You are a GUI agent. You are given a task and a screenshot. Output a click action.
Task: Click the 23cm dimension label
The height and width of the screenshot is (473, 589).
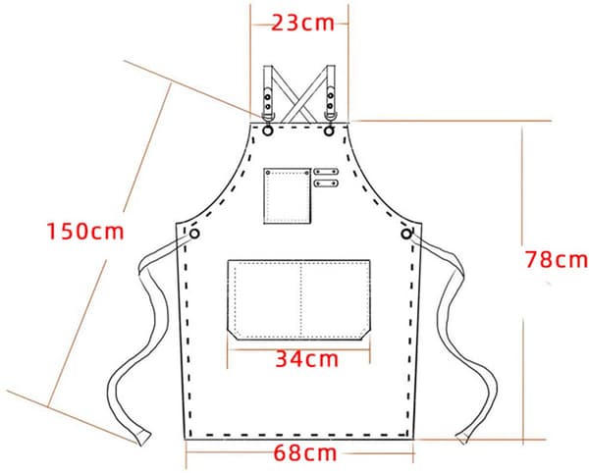[302, 24]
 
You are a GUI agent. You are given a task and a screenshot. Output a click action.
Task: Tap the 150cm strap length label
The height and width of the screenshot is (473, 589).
[85, 231]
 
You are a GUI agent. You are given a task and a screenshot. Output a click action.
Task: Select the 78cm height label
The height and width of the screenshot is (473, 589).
[557, 259]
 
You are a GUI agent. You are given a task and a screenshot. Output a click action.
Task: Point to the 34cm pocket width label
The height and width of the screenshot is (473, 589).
[307, 359]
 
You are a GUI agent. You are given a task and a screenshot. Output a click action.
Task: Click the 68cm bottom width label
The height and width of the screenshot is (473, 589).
[305, 453]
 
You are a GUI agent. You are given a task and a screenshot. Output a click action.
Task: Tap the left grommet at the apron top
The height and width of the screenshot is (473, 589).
[268, 131]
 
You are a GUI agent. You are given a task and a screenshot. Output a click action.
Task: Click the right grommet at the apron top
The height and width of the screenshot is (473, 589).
[329, 131]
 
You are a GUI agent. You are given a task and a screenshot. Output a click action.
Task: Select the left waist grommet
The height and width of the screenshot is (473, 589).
[194, 234]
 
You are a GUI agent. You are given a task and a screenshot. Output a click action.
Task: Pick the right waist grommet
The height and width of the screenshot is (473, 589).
[406, 234]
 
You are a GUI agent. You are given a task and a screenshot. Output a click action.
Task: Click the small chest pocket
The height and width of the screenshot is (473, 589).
[288, 195]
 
